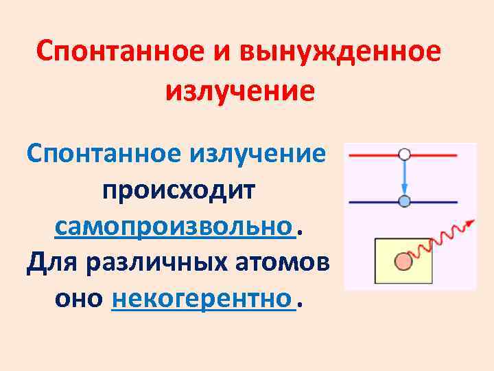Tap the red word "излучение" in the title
click(239, 90)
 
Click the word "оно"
click(78, 300)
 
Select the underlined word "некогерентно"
click(202, 300)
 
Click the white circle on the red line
click(404, 155)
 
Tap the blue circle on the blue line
click(404, 201)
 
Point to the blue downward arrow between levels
click(404, 179)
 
